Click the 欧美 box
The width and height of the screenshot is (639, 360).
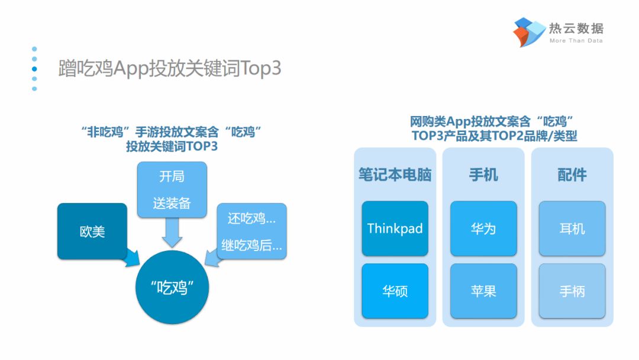pos(92,231)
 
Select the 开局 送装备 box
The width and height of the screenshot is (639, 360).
pos(172,189)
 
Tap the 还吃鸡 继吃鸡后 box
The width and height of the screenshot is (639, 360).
pos(252,231)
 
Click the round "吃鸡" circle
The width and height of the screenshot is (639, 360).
pos(172,287)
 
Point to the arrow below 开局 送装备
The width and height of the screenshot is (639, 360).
pos(172,232)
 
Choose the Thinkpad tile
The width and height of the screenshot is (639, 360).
pos(395,229)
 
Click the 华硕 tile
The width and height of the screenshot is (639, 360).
pos(395,291)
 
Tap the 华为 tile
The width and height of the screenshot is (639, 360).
pos(483,229)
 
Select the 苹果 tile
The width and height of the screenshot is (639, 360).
pos(483,291)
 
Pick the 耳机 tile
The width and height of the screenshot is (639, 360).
pos(572,229)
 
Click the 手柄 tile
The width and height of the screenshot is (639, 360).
pos(572,291)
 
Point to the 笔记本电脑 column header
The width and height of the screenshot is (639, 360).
pos(395,175)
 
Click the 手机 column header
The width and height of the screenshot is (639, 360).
pos(483,175)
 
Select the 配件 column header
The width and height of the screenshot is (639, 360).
pos(572,175)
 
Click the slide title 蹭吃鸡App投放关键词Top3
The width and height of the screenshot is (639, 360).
pos(170,68)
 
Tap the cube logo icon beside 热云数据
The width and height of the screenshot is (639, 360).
pos(529,32)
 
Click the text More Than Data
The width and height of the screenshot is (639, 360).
pos(576,41)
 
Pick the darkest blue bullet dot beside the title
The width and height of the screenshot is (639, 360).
pos(34,69)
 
